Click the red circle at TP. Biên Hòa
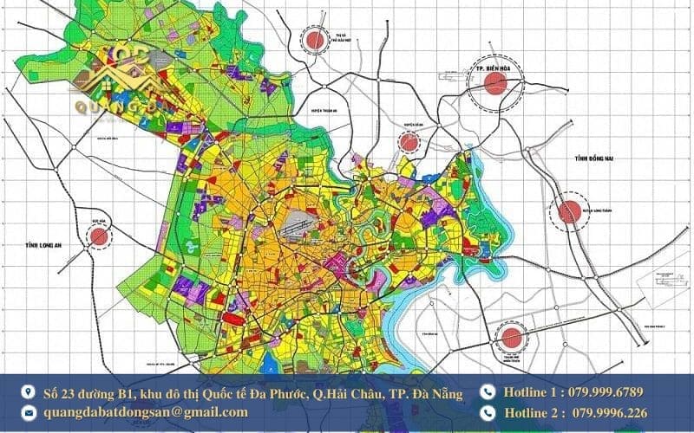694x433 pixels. coord(495,83)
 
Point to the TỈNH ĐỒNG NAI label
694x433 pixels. coord(599,158)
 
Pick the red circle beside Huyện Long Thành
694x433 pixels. coord(569,211)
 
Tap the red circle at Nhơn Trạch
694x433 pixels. coord(512,335)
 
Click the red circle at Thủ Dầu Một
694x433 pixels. coord(314,38)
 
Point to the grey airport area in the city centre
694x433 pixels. coord(299,223)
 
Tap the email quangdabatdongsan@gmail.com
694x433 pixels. coord(146,412)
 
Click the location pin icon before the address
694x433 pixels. coord(29,393)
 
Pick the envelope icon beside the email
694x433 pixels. coord(29,413)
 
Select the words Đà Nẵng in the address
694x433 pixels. coord(437,393)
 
